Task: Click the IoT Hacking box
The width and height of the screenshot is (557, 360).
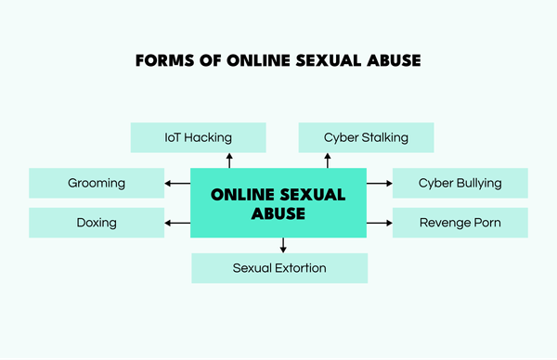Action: tap(199, 137)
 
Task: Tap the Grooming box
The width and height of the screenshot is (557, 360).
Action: tap(96, 183)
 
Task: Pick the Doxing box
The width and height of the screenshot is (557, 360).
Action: tap(96, 223)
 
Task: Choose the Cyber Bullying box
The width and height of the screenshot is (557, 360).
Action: tap(460, 183)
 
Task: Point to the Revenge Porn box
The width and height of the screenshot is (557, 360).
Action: tap(460, 223)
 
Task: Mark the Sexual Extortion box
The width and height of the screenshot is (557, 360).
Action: tap(278, 268)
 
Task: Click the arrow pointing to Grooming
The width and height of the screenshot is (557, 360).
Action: tap(176, 183)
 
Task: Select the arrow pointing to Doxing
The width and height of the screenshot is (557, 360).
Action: tap(176, 223)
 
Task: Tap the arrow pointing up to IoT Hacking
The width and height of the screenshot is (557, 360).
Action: tap(231, 161)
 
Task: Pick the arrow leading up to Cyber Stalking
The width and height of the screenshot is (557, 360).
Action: tap(328, 161)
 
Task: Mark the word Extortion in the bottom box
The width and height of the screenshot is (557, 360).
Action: tap(301, 268)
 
